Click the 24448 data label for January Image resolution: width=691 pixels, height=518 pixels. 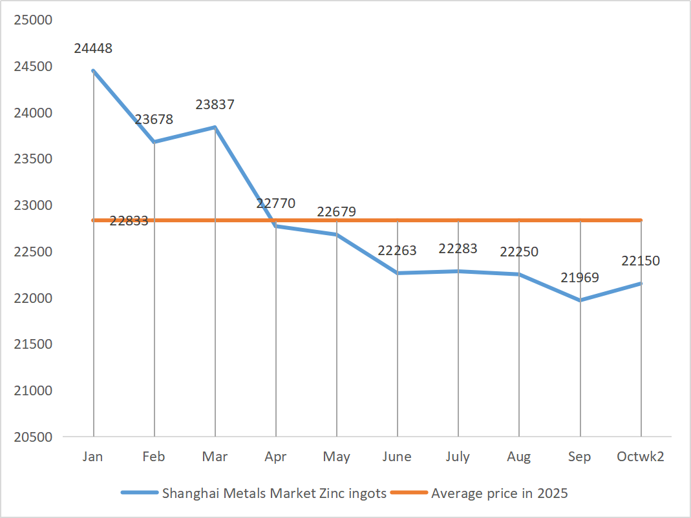[x=93, y=48]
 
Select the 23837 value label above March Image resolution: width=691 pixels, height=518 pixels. [x=215, y=105]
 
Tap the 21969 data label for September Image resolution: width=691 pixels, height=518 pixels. [x=580, y=278]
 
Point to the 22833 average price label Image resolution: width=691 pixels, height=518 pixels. [x=129, y=221]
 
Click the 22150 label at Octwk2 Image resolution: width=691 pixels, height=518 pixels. [x=641, y=261]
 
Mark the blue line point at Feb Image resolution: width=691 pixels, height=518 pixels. [x=154, y=141]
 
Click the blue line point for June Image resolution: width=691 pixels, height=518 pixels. [x=398, y=273]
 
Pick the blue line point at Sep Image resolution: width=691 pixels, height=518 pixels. [x=580, y=300]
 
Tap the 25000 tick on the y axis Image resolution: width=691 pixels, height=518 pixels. [x=32, y=20]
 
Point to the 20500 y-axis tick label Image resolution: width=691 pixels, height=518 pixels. [x=32, y=437]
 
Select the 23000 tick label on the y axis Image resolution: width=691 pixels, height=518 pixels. [x=32, y=205]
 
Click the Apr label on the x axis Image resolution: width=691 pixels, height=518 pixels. [x=276, y=457]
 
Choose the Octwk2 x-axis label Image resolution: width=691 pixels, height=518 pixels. [x=641, y=457]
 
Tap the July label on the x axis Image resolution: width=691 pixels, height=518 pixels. [x=458, y=457]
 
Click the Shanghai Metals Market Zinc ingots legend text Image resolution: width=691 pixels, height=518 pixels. [x=274, y=493]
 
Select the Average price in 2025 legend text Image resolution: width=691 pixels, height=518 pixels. [x=499, y=493]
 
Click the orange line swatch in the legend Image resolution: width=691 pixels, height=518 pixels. [x=409, y=493]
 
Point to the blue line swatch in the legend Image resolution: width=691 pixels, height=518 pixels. [x=140, y=493]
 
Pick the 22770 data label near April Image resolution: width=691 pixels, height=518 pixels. [x=275, y=203]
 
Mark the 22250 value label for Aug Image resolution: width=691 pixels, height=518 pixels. [x=519, y=252]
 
